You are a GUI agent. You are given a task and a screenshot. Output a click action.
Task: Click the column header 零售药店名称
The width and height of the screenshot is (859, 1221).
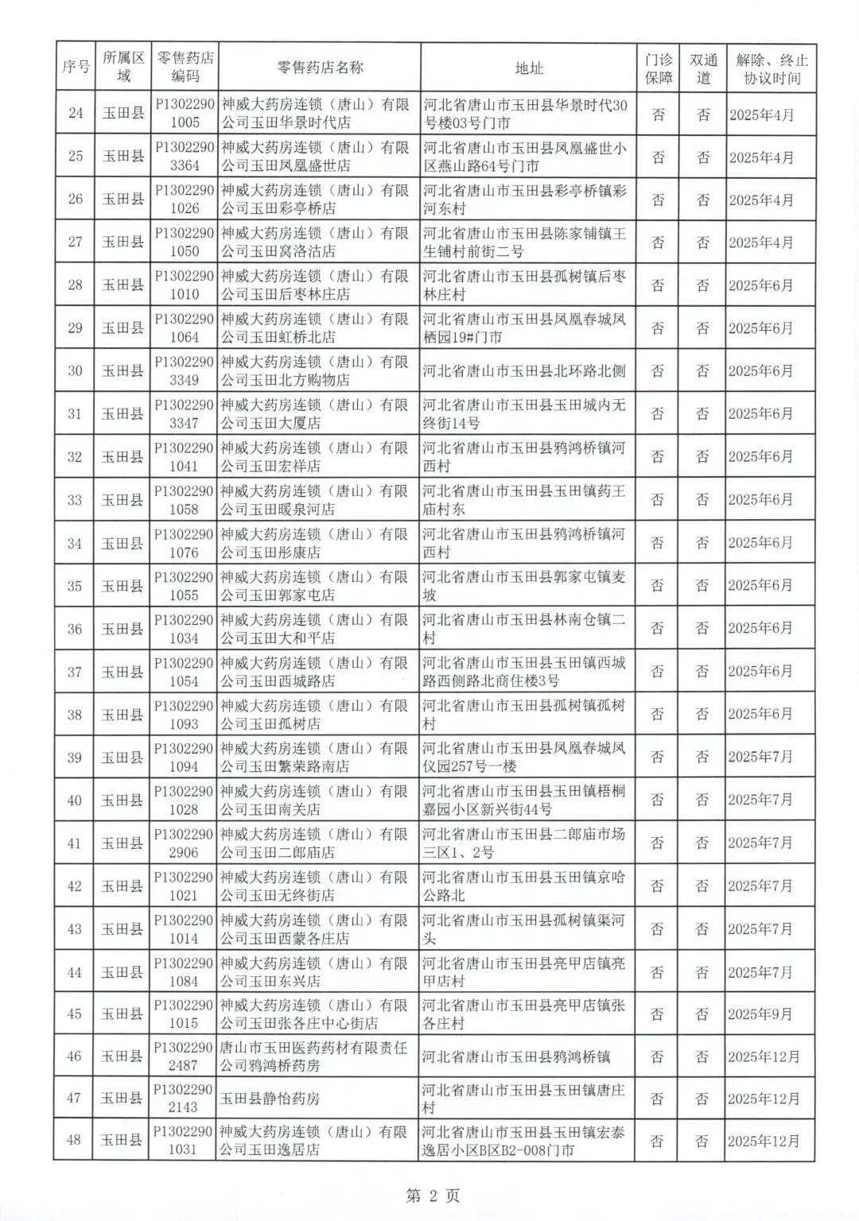click(318, 68)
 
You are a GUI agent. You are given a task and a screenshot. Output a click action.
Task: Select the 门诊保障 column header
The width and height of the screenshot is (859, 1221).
click(659, 68)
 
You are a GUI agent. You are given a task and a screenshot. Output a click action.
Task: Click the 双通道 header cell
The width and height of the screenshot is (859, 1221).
click(703, 68)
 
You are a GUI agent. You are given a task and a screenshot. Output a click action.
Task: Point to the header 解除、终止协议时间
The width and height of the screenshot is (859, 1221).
click(771, 68)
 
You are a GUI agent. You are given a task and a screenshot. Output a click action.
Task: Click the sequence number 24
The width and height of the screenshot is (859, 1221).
click(76, 114)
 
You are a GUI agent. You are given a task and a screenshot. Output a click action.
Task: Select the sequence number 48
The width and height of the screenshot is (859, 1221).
click(74, 1140)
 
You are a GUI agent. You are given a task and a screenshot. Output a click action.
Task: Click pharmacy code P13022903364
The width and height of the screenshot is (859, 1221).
click(184, 157)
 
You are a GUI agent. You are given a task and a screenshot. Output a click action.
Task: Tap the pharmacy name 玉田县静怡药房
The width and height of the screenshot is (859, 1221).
click(270, 1099)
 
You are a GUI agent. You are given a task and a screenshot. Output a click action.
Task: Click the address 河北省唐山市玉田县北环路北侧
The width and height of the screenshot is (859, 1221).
click(524, 370)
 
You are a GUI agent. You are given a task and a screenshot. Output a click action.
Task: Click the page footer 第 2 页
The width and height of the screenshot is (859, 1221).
click(433, 1196)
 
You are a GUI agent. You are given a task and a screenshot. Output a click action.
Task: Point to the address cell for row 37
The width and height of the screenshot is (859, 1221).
click(524, 672)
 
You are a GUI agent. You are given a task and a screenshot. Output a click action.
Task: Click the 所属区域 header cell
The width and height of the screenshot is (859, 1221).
click(123, 68)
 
